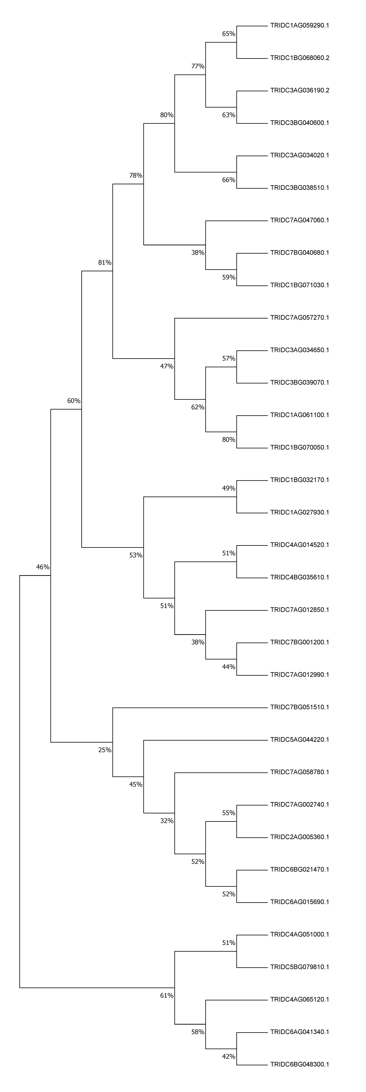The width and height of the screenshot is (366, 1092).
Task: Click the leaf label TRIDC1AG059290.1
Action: click(x=299, y=25)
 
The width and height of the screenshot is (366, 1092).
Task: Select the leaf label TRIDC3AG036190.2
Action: click(x=299, y=90)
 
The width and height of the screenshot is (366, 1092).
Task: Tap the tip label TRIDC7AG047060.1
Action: click(x=299, y=220)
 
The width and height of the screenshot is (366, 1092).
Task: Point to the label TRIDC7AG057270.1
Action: click(x=299, y=318)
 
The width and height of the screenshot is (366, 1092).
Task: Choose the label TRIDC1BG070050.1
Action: click(x=299, y=447)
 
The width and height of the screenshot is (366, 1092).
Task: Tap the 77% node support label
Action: click(x=198, y=66)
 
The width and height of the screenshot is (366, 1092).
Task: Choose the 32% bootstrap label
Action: click(x=167, y=821)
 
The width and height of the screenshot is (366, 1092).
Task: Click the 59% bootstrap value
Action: click(x=229, y=277)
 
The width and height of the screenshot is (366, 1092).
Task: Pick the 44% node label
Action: click(x=229, y=667)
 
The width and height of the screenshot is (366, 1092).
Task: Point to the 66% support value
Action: click(x=229, y=180)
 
